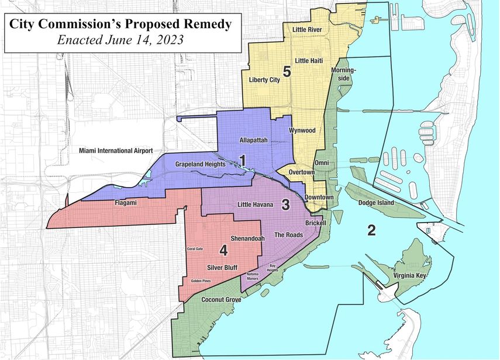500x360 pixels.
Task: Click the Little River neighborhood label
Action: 312,29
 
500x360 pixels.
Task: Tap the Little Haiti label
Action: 310,60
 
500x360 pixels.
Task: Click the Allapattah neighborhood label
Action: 254,140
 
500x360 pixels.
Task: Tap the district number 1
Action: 242,159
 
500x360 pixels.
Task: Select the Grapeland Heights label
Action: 201,165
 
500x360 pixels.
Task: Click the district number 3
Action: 285,205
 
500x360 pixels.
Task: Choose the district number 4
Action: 223,251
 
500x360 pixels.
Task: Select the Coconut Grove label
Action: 221,300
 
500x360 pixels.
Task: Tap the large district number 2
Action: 371,230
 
